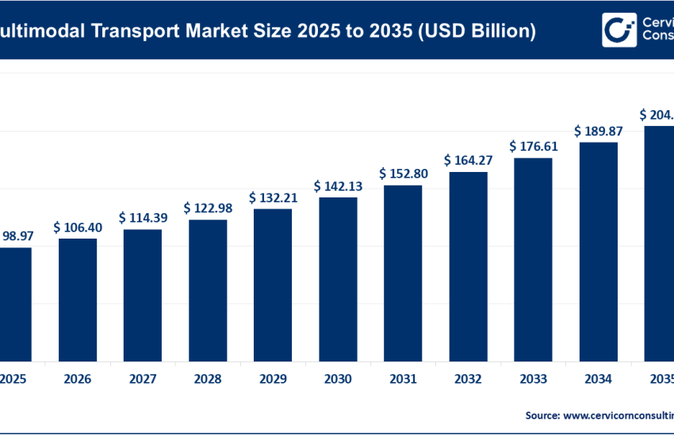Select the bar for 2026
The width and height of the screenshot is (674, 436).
[x=78, y=299]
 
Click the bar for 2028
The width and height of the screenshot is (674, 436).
[x=208, y=289]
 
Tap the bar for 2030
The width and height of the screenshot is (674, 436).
[x=338, y=278]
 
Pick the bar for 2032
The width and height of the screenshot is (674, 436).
[x=468, y=266]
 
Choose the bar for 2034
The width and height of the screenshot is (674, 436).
[x=598, y=251]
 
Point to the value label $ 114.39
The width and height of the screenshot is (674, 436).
[x=143, y=217]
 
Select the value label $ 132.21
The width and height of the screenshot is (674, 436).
[x=273, y=197]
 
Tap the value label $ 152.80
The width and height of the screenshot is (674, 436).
[x=403, y=173]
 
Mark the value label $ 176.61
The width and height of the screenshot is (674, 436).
[x=533, y=146]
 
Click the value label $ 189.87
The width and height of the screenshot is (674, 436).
[x=598, y=130]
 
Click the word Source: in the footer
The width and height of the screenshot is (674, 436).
[x=542, y=415]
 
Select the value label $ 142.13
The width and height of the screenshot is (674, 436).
[x=338, y=186]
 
